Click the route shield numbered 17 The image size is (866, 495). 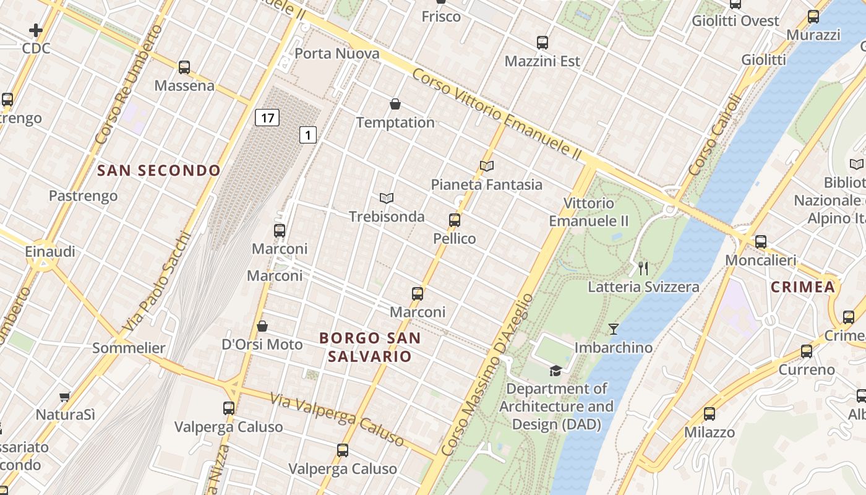(x=267, y=118)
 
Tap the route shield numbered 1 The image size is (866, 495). (x=308, y=135)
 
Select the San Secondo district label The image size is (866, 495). (x=159, y=171)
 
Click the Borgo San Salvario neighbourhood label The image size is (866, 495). (x=370, y=347)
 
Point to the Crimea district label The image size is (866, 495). (x=803, y=286)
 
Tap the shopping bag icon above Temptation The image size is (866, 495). (x=395, y=104)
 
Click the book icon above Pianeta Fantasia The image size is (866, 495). (x=487, y=166)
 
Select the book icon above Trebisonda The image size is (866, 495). (x=387, y=198)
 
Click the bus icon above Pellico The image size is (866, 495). (x=455, y=220)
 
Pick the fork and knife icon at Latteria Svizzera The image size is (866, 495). (x=643, y=268)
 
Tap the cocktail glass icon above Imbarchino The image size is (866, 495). (x=613, y=329)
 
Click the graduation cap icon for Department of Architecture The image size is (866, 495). (x=555, y=371)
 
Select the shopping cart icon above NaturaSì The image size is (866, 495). (x=65, y=396)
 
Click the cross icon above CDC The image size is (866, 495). (x=36, y=30)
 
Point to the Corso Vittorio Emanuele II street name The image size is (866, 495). (x=497, y=114)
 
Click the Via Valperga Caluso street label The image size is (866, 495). (x=338, y=420)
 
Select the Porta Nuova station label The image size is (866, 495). (x=337, y=54)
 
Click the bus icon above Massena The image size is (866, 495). (x=184, y=67)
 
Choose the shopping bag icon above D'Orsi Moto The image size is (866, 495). (x=262, y=326)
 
